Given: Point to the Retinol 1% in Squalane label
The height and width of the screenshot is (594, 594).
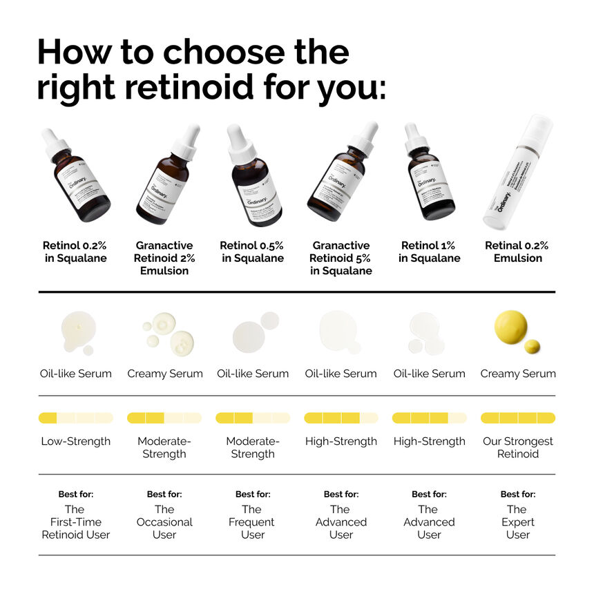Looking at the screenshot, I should [429, 251].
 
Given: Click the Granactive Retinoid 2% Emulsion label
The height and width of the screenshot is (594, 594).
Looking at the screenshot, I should [164, 258].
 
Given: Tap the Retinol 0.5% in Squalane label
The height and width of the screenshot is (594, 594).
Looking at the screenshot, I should [252, 251].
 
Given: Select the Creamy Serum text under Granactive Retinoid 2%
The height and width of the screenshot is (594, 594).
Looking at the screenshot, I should [165, 374].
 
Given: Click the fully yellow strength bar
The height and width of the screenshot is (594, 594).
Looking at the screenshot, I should [517, 418].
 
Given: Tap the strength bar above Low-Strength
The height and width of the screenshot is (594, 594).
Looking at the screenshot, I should [76, 418].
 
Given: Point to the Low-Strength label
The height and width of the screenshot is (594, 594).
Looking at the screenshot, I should [76, 441].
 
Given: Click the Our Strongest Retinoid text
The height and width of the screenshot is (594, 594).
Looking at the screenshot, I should [517, 448].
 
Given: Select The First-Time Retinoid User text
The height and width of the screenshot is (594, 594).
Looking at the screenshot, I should [76, 522].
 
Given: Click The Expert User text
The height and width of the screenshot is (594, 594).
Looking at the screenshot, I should [517, 522].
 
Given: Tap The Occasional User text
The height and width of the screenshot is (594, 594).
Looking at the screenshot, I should [164, 522].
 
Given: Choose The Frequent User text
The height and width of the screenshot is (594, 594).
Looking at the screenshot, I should [253, 522].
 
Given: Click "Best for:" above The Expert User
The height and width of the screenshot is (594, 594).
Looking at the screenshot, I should [518, 495].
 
